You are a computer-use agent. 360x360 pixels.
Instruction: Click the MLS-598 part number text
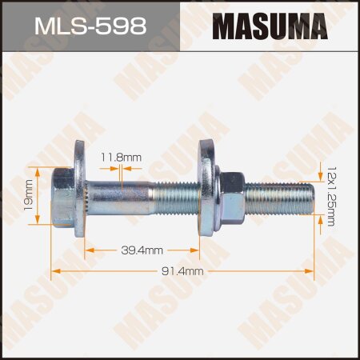tap(90, 26)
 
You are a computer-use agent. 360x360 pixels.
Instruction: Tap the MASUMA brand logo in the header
tap(270, 26)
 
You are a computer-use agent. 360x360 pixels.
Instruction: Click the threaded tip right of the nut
tap(280, 194)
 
